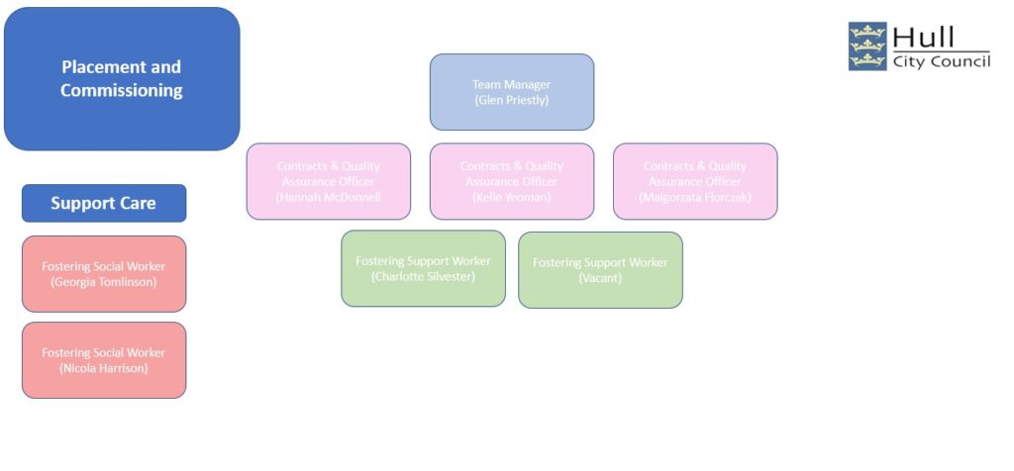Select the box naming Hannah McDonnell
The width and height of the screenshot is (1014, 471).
pyautogui.click(x=328, y=181)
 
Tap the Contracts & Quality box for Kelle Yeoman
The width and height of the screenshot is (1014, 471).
pyautogui.click(x=511, y=181)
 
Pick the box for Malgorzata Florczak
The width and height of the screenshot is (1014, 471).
pyautogui.click(x=694, y=181)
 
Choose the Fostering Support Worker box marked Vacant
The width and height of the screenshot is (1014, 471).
pyautogui.click(x=600, y=269)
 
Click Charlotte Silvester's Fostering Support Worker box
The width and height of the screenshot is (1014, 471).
pyautogui.click(x=423, y=268)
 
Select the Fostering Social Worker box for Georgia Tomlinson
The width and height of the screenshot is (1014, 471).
pyautogui.click(x=104, y=273)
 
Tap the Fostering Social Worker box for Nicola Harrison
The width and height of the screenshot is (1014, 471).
pyautogui.click(x=104, y=359)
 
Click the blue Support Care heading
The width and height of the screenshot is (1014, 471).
pyautogui.click(x=104, y=203)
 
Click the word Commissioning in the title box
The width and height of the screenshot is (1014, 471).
pyautogui.click(x=122, y=90)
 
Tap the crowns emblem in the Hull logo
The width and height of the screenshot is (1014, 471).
pyautogui.click(x=867, y=47)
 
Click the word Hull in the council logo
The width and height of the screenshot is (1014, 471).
pyautogui.click(x=923, y=38)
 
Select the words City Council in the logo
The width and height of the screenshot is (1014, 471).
pyautogui.click(x=941, y=61)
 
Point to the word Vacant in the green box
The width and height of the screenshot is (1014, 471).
pyautogui.click(x=600, y=278)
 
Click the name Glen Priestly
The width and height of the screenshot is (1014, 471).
pyautogui.click(x=511, y=100)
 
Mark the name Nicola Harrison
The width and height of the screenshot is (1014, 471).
pyautogui.click(x=104, y=368)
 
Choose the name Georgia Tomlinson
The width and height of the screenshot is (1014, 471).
pyautogui.click(x=104, y=282)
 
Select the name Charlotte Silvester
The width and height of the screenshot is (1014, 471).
pyautogui.click(x=423, y=277)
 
